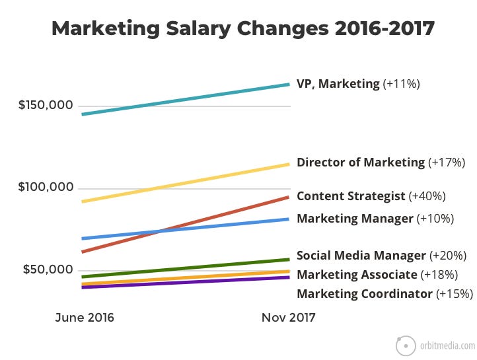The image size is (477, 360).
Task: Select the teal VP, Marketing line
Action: pos(185,99)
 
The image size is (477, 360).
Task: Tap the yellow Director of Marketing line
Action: pos(185,182)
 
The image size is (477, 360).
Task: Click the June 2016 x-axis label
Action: pos(84,318)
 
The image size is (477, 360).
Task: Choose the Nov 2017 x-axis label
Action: pos(288,318)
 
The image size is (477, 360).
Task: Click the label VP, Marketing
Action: pos(338,84)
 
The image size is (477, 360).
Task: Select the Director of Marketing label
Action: pos(361,162)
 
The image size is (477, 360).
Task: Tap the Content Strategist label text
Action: pos(351,196)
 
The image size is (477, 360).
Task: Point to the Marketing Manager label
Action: pos(355,219)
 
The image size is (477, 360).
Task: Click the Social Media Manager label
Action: pos(361,256)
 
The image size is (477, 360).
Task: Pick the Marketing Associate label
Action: pos(357,275)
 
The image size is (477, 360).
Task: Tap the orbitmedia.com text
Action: pos(447,345)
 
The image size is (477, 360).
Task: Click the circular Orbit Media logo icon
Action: pos(406,345)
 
